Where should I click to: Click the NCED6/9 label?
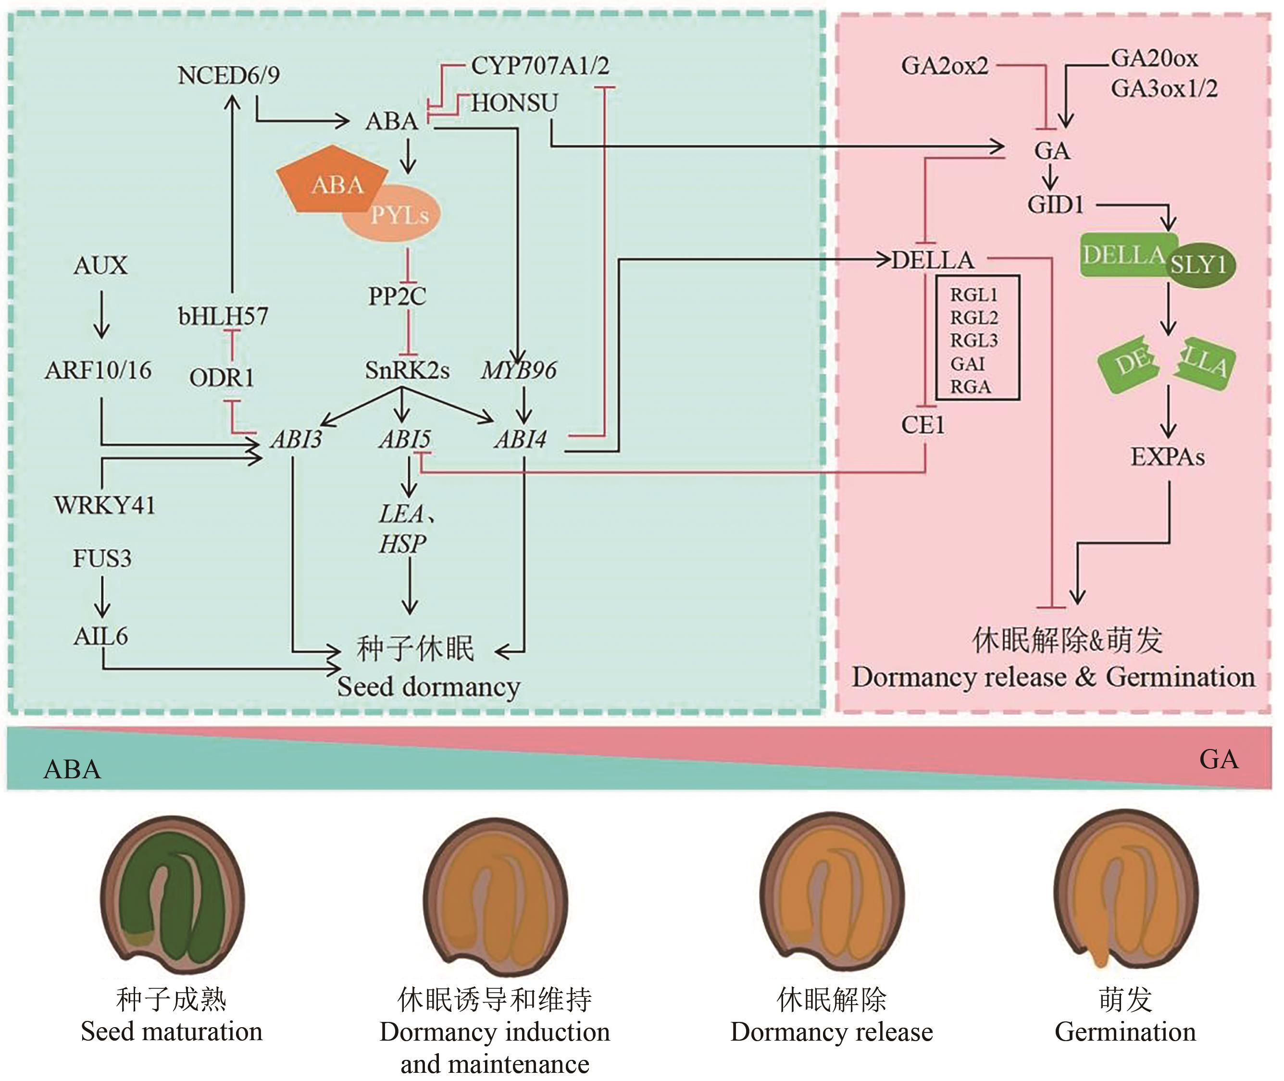tap(228, 75)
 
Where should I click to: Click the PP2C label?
tap(397, 296)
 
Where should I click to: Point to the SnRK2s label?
tap(407, 370)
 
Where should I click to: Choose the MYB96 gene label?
tap(519, 370)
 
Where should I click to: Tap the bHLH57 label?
tap(223, 316)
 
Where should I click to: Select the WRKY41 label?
tap(105, 505)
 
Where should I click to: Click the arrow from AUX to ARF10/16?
tap(101, 314)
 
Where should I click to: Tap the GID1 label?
tap(1056, 205)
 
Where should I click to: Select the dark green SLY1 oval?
tap(1199, 265)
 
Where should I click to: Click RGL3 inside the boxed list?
tap(974, 341)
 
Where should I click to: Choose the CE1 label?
tap(923, 425)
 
